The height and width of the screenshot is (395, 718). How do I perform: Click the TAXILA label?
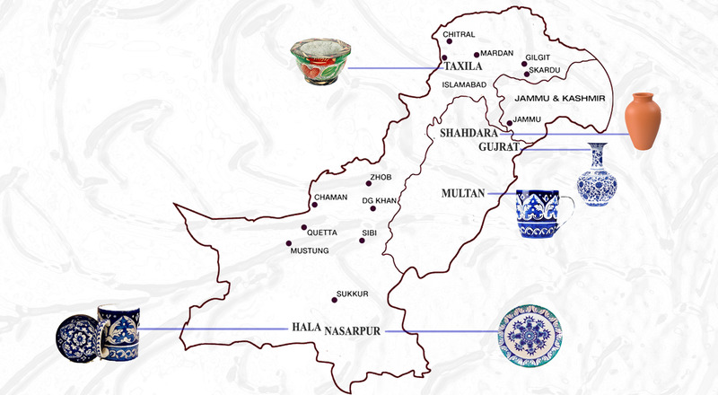point(464,66)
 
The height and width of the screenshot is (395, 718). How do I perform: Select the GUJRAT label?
point(499,146)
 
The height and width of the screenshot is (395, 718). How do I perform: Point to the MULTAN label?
point(463,192)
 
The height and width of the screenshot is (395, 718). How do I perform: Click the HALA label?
point(305,329)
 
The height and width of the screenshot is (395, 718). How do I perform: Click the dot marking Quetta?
point(305,228)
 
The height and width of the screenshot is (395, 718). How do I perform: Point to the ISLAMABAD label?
point(464,85)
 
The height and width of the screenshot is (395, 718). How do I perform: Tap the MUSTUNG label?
point(310,250)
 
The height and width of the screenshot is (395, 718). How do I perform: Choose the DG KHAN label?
point(379,200)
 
